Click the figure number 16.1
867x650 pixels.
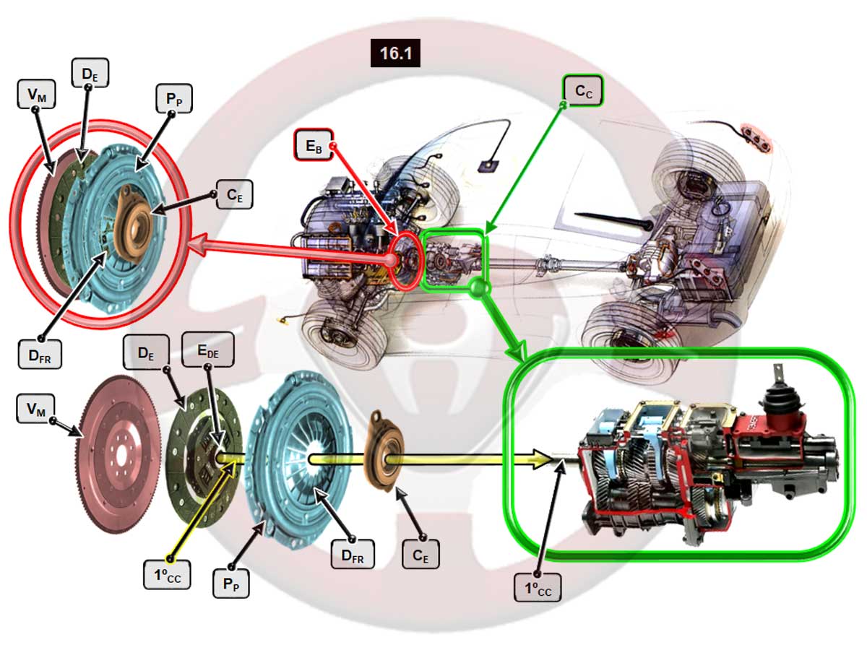(x=395, y=54)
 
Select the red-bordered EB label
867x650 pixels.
(x=313, y=146)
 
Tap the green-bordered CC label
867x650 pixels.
(x=583, y=91)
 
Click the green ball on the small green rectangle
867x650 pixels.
(x=478, y=287)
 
